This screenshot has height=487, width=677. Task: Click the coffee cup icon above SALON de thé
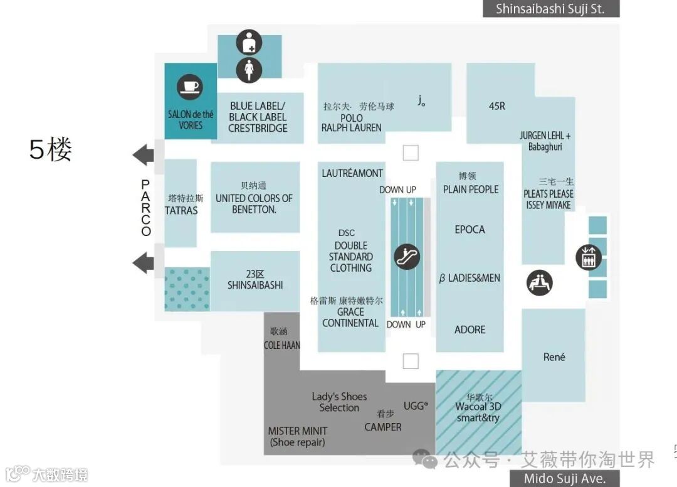pos(189,87)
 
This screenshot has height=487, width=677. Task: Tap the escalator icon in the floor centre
pos(407,256)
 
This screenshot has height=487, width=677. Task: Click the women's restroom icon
pos(249,69)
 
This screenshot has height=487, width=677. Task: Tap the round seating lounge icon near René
pos(539,282)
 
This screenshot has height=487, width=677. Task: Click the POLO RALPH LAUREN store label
pos(351,122)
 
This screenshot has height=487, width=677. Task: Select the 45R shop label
pos(496,107)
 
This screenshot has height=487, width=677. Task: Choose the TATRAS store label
pos(181,210)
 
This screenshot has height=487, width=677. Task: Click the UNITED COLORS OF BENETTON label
pos(254,203)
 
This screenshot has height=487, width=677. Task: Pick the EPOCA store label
pos(470,230)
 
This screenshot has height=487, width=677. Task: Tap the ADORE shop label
pos(470,329)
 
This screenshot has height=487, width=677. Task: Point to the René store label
pos(554,357)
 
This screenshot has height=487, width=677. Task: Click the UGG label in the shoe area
pos(416,406)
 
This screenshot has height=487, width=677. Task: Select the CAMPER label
pos(383,427)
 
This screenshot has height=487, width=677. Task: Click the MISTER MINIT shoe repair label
pos(298,436)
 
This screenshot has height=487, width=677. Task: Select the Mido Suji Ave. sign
pos(566,478)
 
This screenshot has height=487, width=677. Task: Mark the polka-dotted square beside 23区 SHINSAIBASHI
pos(187,289)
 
